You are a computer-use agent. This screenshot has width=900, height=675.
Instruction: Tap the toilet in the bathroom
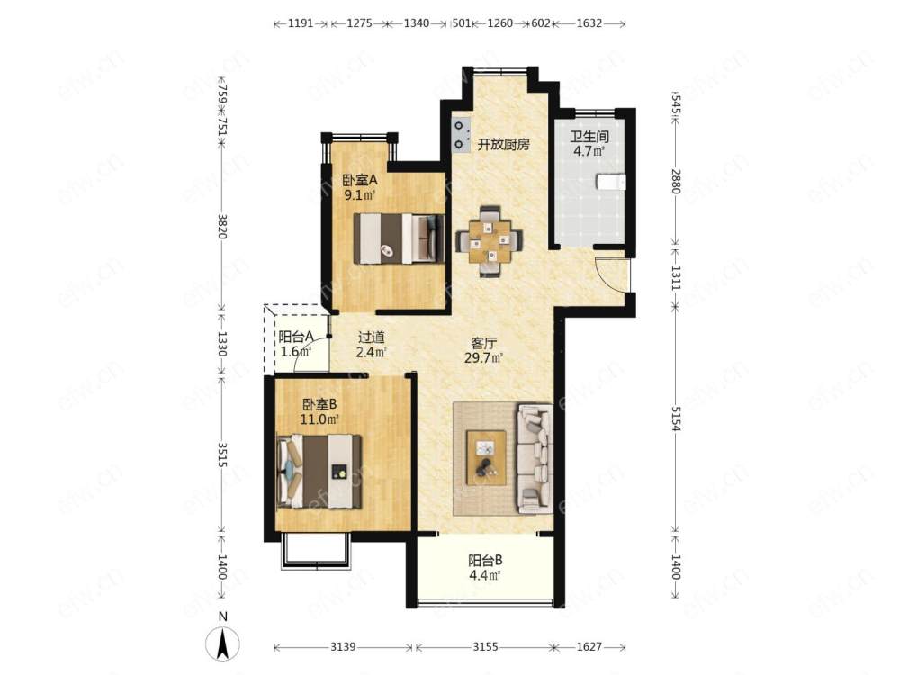[611, 182]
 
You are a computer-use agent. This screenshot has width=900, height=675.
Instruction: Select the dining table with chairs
[489, 241]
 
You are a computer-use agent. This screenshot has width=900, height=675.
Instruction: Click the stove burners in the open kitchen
[460, 136]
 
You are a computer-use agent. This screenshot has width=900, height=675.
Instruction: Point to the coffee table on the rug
[486, 458]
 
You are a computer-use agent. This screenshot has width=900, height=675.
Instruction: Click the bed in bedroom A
[399, 238]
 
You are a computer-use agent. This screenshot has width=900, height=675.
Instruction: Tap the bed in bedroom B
[319, 472]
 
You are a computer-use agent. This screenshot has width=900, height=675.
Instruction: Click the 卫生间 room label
[589, 137]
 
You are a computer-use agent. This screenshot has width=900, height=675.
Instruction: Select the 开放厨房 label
[503, 145]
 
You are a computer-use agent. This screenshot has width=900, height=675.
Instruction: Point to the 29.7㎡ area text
[484, 359]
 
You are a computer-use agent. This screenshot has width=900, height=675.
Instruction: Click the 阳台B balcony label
[485, 559]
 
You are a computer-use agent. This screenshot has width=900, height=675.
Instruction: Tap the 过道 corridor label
[371, 337]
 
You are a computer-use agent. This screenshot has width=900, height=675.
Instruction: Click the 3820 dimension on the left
[222, 227]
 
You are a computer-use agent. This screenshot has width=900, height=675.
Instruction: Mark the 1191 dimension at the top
[301, 23]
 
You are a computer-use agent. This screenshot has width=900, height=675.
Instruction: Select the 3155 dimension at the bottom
[485, 647]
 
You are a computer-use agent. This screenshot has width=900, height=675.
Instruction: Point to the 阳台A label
[295, 337]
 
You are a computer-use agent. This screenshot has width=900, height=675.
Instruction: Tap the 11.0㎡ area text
[319, 419]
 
